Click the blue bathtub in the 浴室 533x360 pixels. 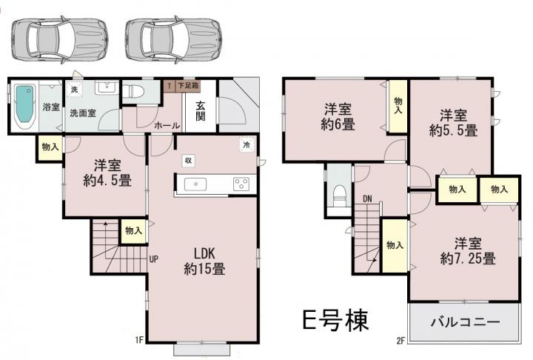tap(25, 104)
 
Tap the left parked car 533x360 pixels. tap(60, 39)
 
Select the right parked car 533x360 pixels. tap(174, 39)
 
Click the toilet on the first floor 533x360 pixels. tap(134, 92)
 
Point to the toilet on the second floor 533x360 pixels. tap(339, 196)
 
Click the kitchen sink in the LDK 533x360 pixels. tap(195, 184)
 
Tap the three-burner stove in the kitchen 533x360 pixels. tap(241, 184)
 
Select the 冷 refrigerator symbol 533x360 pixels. tap(247, 144)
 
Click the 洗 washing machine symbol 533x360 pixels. tap(74, 90)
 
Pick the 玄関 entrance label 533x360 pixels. tap(201, 110)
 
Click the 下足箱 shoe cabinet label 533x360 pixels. tap(188, 85)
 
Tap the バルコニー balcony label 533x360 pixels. tap(466, 322)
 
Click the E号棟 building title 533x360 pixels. tap(335, 320)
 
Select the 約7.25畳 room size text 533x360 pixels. tap(468, 259)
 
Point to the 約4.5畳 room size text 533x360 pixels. tap(107, 181)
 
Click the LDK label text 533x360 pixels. tap(204, 253)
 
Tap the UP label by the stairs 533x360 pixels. tap(154, 259)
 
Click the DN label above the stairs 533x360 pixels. tap(367, 199)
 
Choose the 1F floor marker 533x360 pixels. tap(139, 339)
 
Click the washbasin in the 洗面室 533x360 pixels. tap(107, 87)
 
